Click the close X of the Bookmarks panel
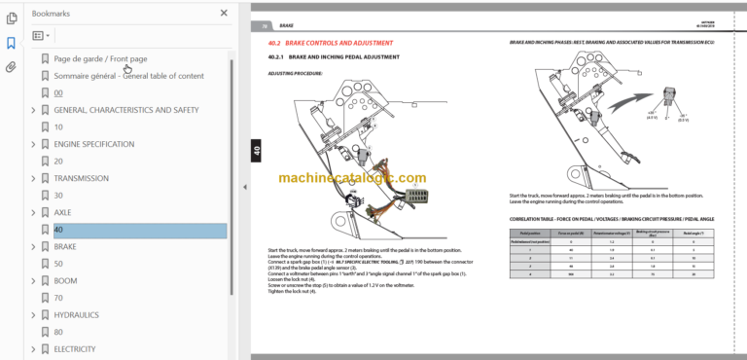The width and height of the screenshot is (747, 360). (224, 14)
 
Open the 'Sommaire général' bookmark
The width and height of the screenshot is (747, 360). (128, 76)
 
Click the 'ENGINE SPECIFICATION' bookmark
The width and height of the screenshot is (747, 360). (93, 144)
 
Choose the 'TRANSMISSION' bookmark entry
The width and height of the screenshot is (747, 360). (82, 178)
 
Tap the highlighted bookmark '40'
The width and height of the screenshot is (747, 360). (59, 230)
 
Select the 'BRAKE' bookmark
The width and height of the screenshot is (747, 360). (66, 247)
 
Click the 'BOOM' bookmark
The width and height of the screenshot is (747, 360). (66, 281)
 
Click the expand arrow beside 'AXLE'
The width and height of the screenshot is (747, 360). (34, 212)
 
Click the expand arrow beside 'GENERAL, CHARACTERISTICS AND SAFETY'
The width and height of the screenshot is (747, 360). (34, 110)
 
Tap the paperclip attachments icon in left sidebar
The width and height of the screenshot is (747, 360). (11, 67)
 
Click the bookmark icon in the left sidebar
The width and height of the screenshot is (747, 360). (11, 43)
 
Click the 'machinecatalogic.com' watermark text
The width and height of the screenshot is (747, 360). (351, 178)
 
